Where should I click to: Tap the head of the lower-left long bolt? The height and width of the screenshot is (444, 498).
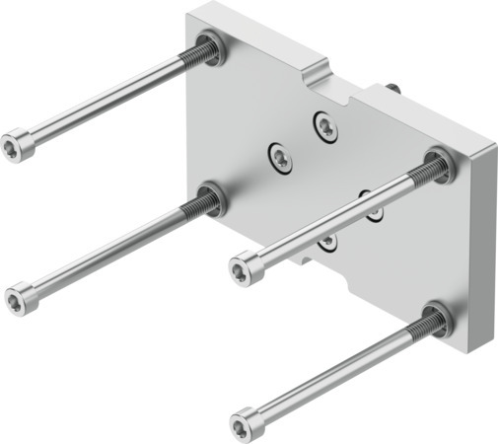21,297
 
